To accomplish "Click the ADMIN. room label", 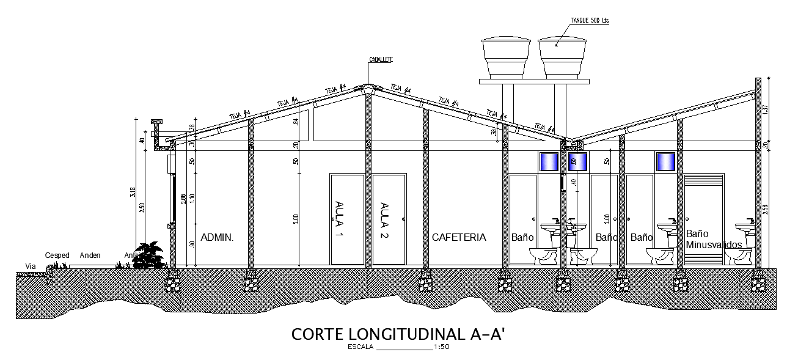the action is tap(217, 237).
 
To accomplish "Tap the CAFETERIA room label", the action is tap(459, 237).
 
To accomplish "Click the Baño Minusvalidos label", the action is tap(713, 239).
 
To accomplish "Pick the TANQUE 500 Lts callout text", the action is tap(590, 20).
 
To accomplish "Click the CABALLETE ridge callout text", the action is tap(381, 59).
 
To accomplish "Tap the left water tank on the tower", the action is tap(506, 58).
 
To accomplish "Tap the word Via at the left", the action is tap(30, 266).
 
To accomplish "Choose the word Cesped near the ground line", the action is tap(57, 255).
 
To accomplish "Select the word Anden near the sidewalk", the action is tap(90, 255).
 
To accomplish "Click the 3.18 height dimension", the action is tap(133, 193).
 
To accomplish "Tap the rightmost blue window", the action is tap(665, 162).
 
